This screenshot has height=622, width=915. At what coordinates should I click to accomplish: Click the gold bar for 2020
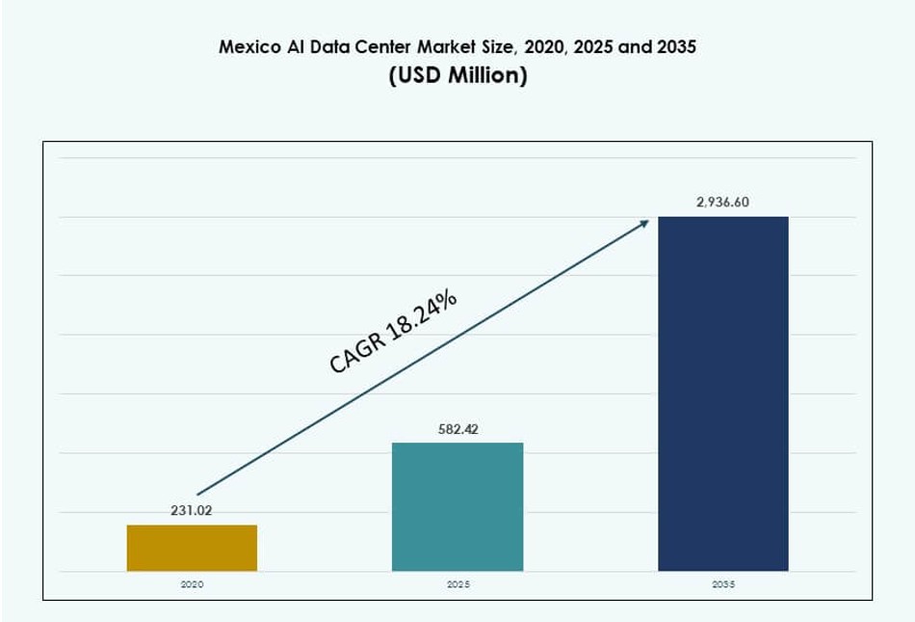tap(192, 548)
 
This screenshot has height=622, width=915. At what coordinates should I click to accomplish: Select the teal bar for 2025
tap(457, 506)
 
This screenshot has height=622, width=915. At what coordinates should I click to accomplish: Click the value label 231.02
tap(191, 511)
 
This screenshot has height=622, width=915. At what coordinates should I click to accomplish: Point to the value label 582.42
tap(457, 429)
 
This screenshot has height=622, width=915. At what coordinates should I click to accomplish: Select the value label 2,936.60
tap(722, 203)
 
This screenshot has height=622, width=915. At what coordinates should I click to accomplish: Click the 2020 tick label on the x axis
tap(192, 585)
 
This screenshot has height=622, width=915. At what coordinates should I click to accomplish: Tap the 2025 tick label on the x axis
tap(457, 585)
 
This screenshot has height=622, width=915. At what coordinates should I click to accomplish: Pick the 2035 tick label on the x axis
tap(723, 585)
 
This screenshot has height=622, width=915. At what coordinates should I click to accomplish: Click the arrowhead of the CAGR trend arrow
tap(645, 222)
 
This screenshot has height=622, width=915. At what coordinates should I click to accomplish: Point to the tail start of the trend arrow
tap(198, 494)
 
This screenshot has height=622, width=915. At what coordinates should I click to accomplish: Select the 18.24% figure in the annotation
tap(421, 314)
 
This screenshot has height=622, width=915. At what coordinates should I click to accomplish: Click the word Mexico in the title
tap(248, 46)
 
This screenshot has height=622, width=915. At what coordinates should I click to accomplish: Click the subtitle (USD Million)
tap(457, 76)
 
